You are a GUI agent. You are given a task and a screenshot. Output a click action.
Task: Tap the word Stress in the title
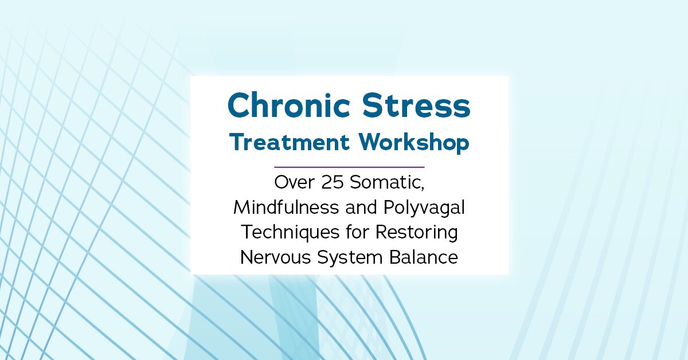(416, 105)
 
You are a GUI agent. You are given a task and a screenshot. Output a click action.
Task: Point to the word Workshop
(414, 143)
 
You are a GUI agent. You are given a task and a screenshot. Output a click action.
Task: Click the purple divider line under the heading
(349, 167)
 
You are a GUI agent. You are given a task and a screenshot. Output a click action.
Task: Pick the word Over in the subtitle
(295, 182)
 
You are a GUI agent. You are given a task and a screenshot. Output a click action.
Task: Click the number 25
(333, 182)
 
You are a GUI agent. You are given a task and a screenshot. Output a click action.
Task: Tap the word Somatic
(385, 182)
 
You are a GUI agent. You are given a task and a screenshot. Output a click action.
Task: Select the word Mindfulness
(286, 207)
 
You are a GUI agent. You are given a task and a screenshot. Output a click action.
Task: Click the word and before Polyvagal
(361, 207)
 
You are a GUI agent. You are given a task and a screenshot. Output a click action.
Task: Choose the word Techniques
(290, 233)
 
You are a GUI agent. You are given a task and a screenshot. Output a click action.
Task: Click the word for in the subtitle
(357, 232)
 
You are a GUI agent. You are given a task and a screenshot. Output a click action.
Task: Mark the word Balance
(424, 256)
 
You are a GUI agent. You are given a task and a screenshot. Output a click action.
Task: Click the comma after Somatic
(423, 188)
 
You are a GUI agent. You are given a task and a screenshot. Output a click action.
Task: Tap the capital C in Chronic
(240, 105)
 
